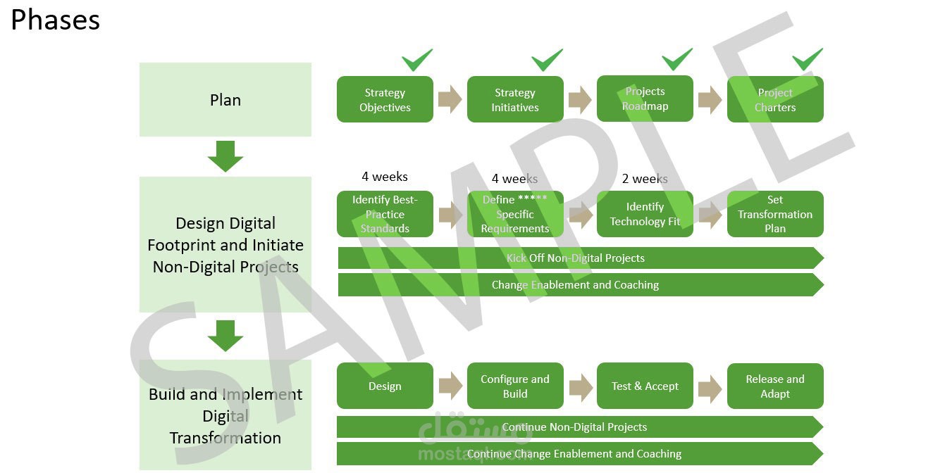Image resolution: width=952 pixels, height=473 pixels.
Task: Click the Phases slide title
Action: pos(55,20)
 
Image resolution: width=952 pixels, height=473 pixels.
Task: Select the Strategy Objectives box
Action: pos(385,100)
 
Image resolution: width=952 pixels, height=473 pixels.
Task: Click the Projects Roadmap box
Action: pos(645,99)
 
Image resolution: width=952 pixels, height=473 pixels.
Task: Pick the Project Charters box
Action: pos(775,100)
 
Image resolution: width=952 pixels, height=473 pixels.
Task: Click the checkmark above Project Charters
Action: pos(807,59)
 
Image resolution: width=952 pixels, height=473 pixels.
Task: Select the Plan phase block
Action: pos(225,100)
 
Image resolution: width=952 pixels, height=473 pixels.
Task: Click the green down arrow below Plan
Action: pos(225,156)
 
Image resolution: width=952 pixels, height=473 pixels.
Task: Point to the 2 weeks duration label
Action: pos(645,179)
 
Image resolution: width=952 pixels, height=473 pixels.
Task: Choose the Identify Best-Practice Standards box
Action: pos(385,214)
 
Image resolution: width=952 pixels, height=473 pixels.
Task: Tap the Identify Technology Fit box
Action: pos(645,214)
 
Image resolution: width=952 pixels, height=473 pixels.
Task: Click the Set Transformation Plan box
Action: pos(775,214)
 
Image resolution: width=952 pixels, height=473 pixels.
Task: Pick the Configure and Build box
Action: pos(515,386)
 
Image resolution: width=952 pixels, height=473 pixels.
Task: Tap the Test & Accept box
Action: pos(645,386)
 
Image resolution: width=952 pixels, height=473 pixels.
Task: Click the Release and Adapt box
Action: pos(775,386)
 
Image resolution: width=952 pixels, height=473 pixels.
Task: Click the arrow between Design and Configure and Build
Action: pos(450,386)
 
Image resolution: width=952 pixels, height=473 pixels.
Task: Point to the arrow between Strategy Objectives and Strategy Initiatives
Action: pos(450,99)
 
